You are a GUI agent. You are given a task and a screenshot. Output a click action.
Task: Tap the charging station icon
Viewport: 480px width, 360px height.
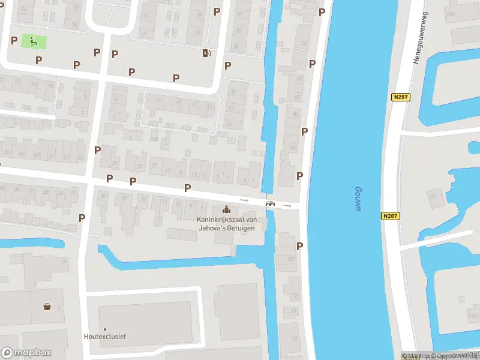click(x=206, y=53)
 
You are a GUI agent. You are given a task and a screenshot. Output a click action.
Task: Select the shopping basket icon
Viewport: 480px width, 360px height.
click(x=47, y=307)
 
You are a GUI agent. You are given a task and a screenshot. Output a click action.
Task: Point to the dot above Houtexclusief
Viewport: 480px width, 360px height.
click(x=104, y=329)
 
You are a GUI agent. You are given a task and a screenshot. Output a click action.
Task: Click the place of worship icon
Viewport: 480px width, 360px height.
click(x=226, y=209)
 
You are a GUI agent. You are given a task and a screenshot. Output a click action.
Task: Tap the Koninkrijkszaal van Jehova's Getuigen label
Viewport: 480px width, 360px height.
click(x=227, y=224)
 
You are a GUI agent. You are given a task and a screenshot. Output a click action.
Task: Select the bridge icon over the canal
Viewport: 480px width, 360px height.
click(x=271, y=203)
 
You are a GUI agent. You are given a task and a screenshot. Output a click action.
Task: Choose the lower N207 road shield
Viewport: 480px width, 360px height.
click(x=389, y=215)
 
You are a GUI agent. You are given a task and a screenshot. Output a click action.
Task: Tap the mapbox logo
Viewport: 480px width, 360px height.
click(x=26, y=353)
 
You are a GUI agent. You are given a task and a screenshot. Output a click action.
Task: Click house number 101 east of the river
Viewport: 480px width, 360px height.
click(x=433, y=196)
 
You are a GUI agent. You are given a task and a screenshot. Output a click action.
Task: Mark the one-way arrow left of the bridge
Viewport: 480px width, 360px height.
click(x=244, y=200)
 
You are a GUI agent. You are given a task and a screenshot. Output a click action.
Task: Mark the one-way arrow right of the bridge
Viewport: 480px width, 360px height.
click(x=288, y=206)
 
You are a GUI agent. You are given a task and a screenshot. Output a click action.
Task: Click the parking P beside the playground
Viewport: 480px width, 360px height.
click(x=14, y=40)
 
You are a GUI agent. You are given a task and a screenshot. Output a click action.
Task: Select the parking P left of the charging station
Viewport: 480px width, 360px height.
click(x=176, y=78)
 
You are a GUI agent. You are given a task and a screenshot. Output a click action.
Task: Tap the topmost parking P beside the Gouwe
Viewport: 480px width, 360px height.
click(x=322, y=12)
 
